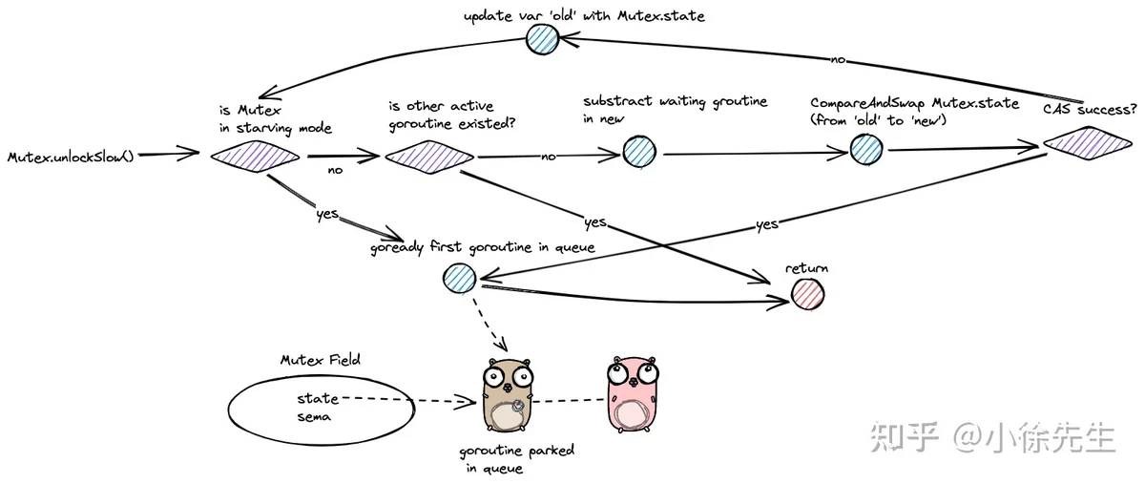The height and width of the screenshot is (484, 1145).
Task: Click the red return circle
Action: pos(807,294)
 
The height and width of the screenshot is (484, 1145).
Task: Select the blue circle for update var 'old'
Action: pos(542,38)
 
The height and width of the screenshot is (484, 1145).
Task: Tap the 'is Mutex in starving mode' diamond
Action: pos(255,156)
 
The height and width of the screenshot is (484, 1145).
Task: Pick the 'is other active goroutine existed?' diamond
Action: pos(429,157)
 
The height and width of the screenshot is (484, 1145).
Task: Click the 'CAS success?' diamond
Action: pos(1088,143)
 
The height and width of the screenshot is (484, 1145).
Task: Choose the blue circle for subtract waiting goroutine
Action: pos(639,152)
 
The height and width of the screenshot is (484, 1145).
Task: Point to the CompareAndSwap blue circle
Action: pos(866,149)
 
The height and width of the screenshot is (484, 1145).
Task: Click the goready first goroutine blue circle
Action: pos(460,278)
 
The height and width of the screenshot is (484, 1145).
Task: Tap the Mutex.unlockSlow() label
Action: pos(71,157)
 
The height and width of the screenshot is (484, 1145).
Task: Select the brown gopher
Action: pos(508,395)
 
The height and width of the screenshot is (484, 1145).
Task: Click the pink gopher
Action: pos(633,394)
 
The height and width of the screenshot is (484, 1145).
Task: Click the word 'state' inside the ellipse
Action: pos(318,398)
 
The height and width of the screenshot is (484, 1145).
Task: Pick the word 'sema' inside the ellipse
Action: pos(314,417)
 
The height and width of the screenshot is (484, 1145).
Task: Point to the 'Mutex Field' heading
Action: pos(321,360)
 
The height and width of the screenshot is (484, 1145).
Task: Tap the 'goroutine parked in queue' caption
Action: pos(516,459)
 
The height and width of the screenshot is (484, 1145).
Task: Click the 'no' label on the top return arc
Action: pos(838,60)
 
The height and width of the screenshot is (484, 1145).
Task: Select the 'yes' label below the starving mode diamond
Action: pos(327,213)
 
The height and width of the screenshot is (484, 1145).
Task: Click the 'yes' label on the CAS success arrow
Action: pos(767,224)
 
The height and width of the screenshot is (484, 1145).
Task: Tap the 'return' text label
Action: pos(806,268)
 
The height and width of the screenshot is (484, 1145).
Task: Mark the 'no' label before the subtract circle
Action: pos(548,157)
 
